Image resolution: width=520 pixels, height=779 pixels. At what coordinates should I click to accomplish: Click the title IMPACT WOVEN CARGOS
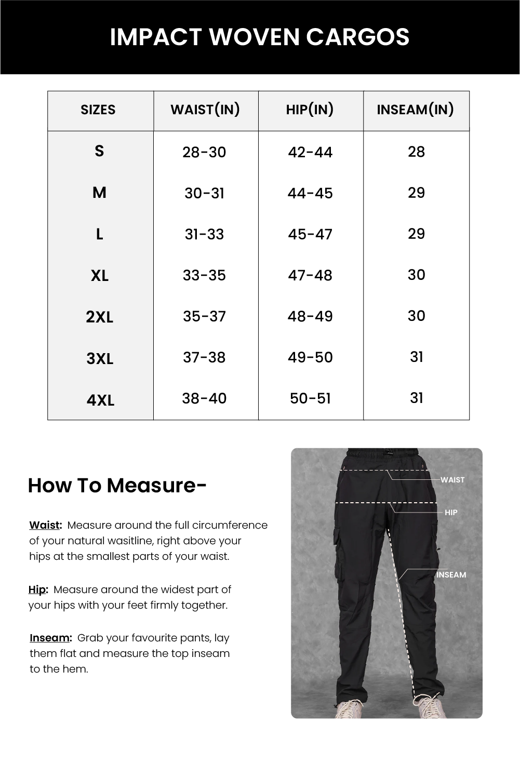pos(260,37)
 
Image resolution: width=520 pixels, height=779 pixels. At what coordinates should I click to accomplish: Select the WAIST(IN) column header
pos(205,110)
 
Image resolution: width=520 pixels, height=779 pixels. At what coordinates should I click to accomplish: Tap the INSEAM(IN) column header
pos(415,110)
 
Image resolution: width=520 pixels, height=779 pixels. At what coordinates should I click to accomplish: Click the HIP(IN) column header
pos(310,110)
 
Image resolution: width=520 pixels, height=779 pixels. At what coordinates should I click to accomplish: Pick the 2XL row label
pos(99,317)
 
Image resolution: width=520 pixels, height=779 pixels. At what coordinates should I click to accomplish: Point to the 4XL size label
pos(100,400)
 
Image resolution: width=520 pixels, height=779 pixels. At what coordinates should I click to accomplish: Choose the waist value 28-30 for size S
pos(204,152)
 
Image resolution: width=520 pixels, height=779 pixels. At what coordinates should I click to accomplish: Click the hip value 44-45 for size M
pos(310,193)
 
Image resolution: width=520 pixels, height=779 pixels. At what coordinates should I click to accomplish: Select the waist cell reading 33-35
pos(204,275)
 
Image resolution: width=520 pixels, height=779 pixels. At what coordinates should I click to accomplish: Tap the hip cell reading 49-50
pos(310,357)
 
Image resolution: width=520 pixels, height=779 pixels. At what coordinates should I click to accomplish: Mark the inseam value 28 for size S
pos(416,152)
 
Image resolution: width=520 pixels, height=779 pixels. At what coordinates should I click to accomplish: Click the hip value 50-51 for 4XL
pos(310,398)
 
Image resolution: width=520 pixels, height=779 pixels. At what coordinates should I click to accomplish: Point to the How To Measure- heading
pos(117,486)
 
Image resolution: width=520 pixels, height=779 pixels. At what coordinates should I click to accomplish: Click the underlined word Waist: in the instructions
pos(46,525)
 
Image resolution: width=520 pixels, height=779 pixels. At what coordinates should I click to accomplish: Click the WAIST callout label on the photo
pos(452,480)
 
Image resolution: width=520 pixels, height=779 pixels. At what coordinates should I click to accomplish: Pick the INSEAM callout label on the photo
pos(451,575)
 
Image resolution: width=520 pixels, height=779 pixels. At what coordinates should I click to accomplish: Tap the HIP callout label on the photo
pos(451,513)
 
